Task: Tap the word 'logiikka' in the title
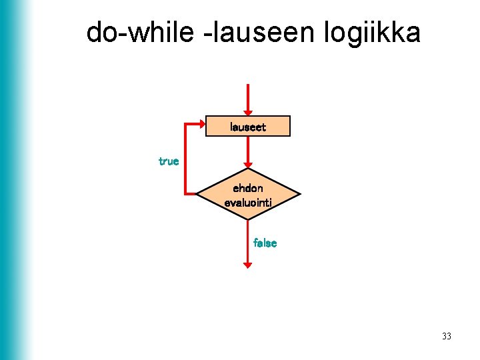point(373,32)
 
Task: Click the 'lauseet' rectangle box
point(248,126)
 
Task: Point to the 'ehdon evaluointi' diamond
point(248,195)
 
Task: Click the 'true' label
point(169,161)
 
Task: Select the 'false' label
point(265,243)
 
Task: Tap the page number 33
point(446,336)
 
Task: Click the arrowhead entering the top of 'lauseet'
point(248,112)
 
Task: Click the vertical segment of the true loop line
point(185,160)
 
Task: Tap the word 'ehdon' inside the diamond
point(248,189)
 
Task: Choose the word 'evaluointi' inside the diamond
point(248,201)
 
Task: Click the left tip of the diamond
point(197,195)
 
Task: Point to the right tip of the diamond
point(299,195)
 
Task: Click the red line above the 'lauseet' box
point(248,97)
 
